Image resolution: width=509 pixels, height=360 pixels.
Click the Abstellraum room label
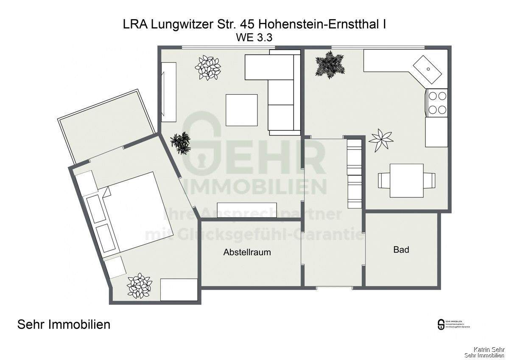[247, 252]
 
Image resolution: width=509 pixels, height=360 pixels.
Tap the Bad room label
[401, 250]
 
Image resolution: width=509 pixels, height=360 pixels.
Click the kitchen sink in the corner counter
[428, 68]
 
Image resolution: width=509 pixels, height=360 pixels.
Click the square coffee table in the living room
[241, 110]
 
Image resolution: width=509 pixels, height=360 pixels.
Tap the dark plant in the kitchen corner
[329, 64]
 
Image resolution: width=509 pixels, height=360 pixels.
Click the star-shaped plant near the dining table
[380, 139]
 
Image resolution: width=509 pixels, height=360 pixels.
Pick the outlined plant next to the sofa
[208, 67]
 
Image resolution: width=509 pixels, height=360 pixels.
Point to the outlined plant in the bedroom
[140, 286]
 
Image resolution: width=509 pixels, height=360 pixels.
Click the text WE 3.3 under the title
[254, 37]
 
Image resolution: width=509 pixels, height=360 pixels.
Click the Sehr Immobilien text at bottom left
[64, 325]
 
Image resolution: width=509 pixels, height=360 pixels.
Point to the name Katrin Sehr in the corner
[488, 349]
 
